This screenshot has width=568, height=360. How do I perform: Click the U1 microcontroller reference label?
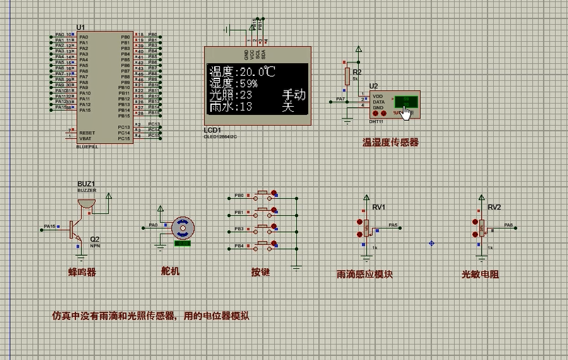point(80,26)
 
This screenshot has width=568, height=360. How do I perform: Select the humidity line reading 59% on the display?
point(233,83)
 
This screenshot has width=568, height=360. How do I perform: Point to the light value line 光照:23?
point(230,94)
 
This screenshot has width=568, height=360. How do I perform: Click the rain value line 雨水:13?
point(230,107)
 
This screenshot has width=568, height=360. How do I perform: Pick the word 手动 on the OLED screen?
point(294,95)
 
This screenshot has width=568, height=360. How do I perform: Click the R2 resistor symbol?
point(347,76)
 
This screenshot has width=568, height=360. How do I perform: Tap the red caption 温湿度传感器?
point(390,142)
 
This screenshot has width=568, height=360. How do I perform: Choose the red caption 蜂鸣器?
point(82,272)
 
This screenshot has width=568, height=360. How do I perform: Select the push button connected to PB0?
point(262,195)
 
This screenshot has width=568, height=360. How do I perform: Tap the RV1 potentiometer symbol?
point(367,227)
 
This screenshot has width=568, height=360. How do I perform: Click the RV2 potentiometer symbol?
point(482,227)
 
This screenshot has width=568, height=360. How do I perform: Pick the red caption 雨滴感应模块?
point(364,274)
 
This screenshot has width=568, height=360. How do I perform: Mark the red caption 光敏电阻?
point(480,274)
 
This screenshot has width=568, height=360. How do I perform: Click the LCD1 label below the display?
point(212,130)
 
